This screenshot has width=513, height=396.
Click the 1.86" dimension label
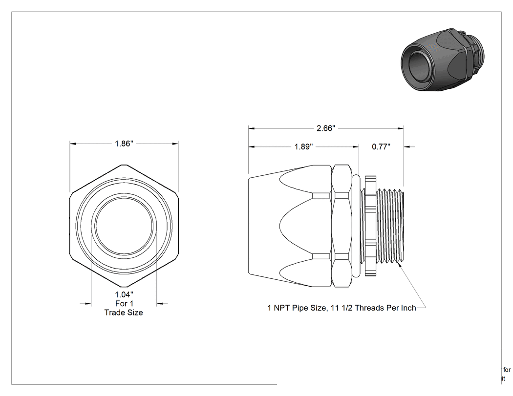tap(124, 144)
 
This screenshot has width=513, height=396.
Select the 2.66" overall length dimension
tap(326, 128)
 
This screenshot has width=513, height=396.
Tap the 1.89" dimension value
tap(303, 146)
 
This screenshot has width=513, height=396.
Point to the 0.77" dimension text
tap(381, 146)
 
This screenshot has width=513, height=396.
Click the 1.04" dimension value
tap(124, 294)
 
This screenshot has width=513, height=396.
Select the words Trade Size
tap(124, 313)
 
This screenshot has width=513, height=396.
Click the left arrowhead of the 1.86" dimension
tap(73, 144)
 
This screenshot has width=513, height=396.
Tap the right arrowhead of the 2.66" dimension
tap(401, 128)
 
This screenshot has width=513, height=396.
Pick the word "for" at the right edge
tap(507, 370)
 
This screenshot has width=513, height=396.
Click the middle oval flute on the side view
tap(296, 226)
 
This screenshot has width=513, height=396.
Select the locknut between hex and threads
tap(370, 226)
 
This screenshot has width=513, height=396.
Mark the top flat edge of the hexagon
tap(124, 165)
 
